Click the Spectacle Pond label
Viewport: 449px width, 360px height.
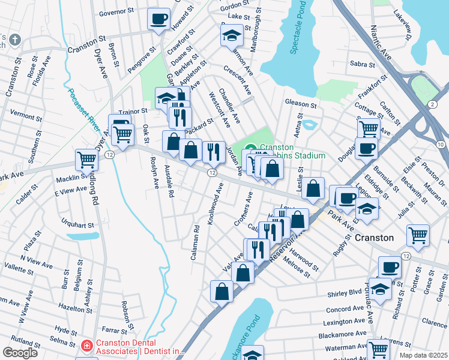(298, 28)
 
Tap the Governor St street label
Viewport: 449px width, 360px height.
(116, 11)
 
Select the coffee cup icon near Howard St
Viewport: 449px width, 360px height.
(158, 19)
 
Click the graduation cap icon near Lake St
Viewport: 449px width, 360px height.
(232, 35)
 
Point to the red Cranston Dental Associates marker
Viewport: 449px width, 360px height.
(86, 346)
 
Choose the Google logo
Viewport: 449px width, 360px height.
(20, 352)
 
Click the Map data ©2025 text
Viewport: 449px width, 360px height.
(423, 355)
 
